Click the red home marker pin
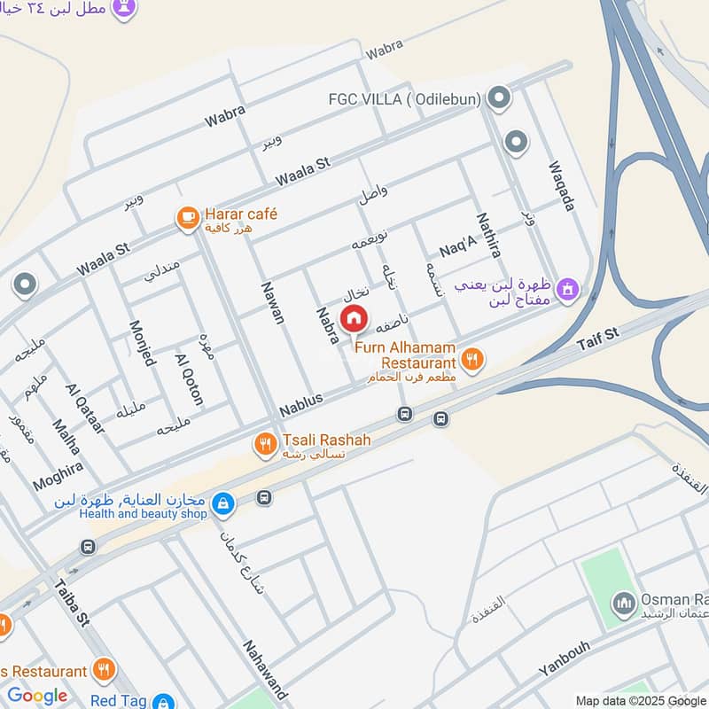tap(354, 317)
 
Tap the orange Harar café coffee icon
tap(187, 218)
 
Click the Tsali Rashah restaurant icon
tap(265, 445)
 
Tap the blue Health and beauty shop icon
tap(223, 504)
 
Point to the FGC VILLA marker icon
tap(499, 98)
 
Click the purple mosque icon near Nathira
tap(569, 289)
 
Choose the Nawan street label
tap(272, 302)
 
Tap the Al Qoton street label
tap(189, 379)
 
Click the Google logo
tap(37, 697)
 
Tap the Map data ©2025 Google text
tap(641, 700)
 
